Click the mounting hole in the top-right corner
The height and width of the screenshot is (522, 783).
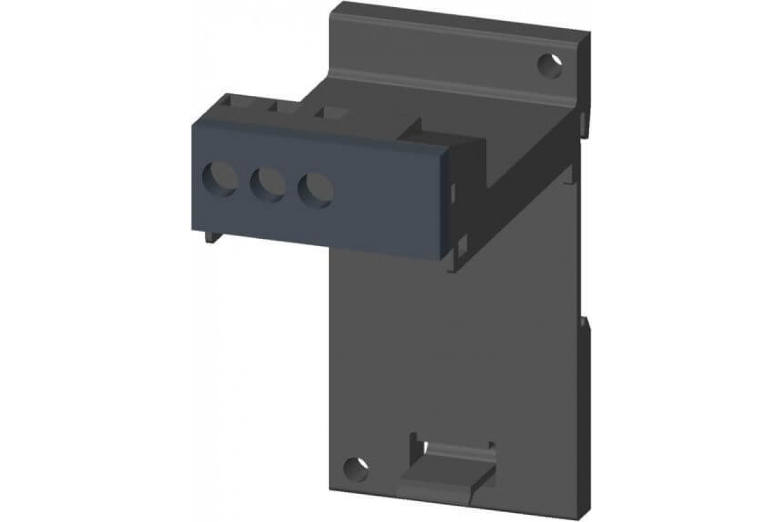point(550,65)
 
